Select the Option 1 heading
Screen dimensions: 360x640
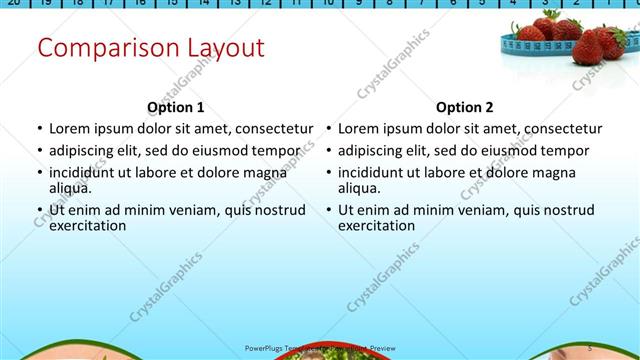176,107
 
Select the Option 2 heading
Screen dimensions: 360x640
465,107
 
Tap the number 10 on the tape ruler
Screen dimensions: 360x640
327,3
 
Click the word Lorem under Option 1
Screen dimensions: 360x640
70,129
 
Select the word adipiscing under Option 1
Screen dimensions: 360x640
88,151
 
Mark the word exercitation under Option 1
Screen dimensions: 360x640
88,225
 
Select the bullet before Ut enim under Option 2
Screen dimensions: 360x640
329,210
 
